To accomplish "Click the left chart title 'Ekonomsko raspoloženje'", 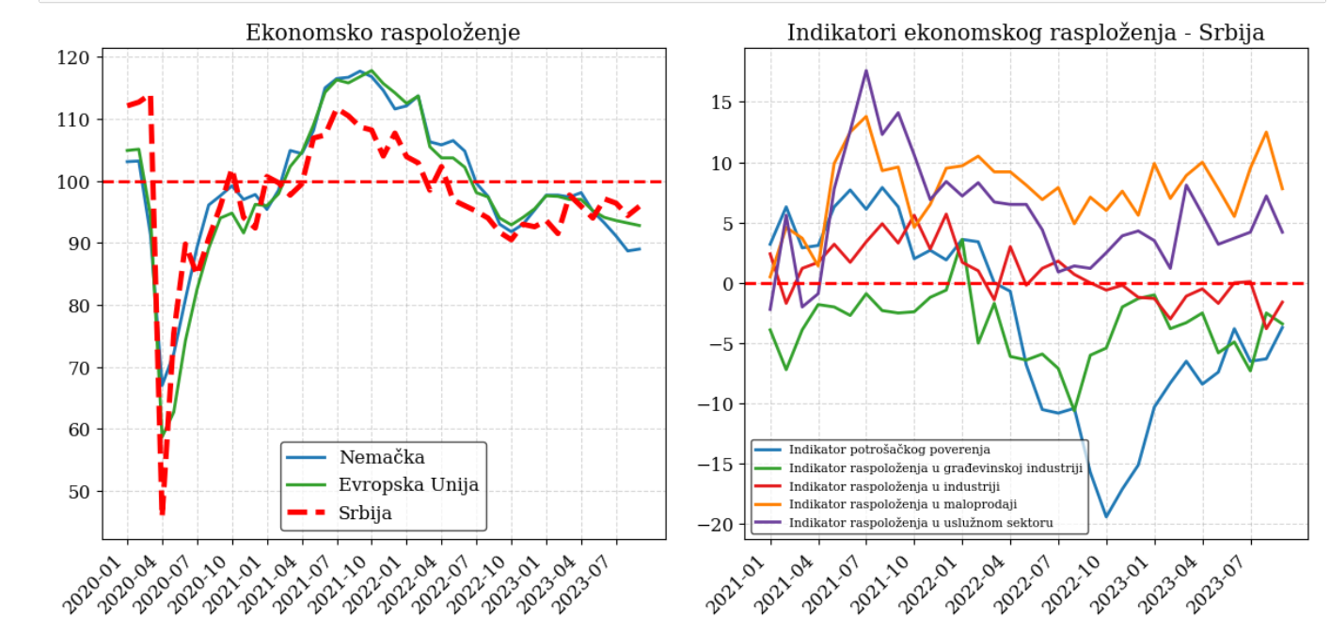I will (x=383, y=33).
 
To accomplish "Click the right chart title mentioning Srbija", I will (x=1025, y=33).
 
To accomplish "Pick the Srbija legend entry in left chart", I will (x=366, y=513).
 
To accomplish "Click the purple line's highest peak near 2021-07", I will (x=866, y=71).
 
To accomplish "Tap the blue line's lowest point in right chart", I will (x=1106, y=516).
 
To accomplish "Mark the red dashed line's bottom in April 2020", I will (x=162, y=513).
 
